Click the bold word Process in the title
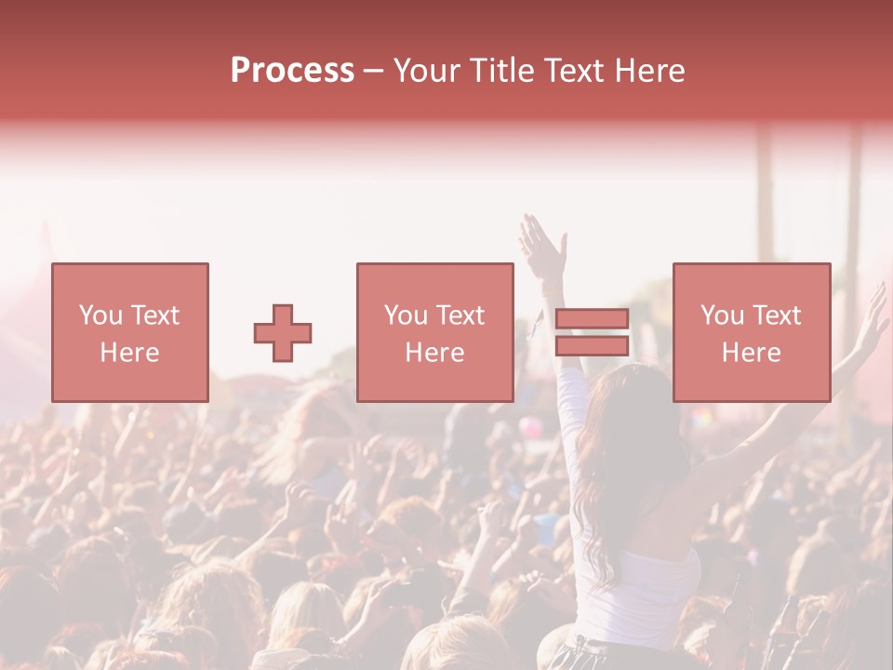point(292,71)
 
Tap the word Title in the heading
point(502,71)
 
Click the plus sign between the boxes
point(283,333)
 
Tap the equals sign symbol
point(592,332)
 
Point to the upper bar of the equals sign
point(592,319)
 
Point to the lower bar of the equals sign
point(592,345)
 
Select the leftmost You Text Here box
point(130,332)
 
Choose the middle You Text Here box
point(434,332)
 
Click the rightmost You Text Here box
point(751,332)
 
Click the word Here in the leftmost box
point(130,353)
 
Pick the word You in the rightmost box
point(722,315)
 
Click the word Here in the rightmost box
point(751,353)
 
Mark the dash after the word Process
point(374,71)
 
